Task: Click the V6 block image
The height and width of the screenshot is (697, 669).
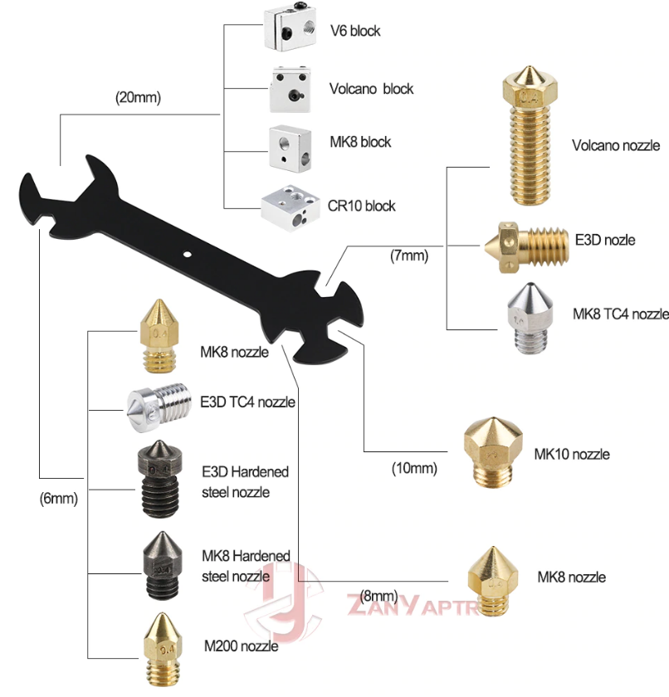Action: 291,30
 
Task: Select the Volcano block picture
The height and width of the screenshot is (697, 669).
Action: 291,90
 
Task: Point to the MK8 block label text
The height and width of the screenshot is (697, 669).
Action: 360,142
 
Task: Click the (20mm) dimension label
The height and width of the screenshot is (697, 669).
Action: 138,97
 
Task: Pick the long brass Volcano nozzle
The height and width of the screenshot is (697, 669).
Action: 530,135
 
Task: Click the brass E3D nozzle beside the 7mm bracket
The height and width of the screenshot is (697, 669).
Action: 527,246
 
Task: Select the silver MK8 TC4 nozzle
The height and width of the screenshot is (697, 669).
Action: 530,318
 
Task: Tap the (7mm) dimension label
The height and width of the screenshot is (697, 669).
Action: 409,256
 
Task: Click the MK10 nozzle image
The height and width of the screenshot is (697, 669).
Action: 493,452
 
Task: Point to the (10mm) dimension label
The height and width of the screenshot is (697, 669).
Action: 414,468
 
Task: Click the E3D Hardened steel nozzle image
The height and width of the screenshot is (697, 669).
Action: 159,479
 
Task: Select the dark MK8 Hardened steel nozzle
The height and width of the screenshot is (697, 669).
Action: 162,565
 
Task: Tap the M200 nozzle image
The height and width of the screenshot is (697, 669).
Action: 162,649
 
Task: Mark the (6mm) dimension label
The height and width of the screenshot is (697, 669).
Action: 58,499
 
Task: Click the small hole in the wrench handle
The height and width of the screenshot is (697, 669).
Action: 188,255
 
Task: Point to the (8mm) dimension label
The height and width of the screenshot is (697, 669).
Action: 378,596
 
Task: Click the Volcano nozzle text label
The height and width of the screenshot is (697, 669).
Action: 616,145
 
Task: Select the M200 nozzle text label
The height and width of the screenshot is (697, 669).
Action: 241,646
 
